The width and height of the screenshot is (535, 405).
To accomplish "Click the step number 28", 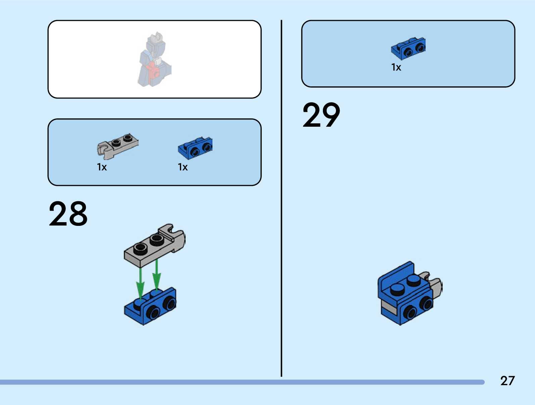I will pyautogui.click(x=68, y=214).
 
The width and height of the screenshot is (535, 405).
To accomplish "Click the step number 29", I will pyautogui.click(x=321, y=115).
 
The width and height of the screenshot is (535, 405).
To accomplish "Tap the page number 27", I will pyautogui.click(x=507, y=381).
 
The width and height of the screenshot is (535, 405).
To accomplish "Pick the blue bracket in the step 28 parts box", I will pyautogui.click(x=195, y=148).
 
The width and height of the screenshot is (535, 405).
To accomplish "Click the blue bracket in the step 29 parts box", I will pyautogui.click(x=408, y=48).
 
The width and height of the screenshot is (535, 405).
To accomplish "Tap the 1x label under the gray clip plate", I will pyautogui.click(x=102, y=167).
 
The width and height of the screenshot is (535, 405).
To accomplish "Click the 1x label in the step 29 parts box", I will pyautogui.click(x=396, y=67).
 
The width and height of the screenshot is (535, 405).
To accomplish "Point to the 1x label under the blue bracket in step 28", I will pyautogui.click(x=183, y=167).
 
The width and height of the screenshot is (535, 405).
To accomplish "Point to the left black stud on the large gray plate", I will pyautogui.click(x=140, y=249).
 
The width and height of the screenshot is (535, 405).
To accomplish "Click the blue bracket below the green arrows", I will pyautogui.click(x=151, y=307).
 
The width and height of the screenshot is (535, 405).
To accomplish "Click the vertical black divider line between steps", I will pyautogui.click(x=281, y=198).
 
